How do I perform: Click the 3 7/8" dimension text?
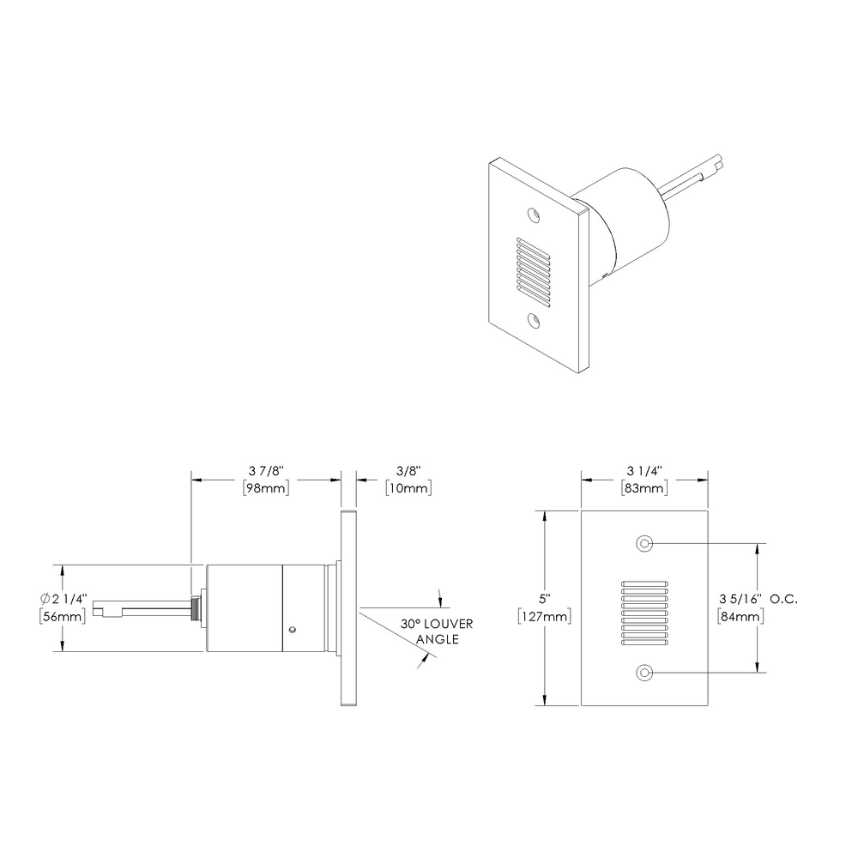pos(265,471)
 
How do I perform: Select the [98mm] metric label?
pos(265,488)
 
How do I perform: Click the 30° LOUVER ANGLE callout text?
pos(437,631)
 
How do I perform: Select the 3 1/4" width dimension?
pos(644,471)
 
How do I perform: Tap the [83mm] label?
pos(644,488)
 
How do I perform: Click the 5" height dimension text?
pos(546,598)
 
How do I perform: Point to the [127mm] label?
pos(546,616)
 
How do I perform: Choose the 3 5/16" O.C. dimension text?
pos(758,598)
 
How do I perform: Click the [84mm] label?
pos(739,616)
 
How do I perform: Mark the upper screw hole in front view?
pos(644,544)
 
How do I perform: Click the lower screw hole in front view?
pos(644,674)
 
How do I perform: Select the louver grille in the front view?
pos(644,609)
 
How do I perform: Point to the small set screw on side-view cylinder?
pos(293,630)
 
